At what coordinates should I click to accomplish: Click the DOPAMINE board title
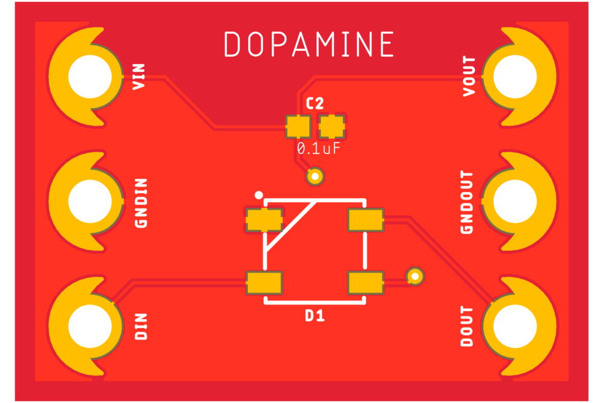309,45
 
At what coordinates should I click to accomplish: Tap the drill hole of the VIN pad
90,77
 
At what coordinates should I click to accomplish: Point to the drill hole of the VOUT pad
515,77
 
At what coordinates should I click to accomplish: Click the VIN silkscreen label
139,77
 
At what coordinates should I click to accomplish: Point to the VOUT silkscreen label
469,77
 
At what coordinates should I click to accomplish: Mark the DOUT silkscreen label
466,327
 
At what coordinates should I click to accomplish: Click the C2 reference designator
315,103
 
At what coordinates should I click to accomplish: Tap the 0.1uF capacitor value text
318,148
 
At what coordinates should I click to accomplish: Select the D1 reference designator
315,315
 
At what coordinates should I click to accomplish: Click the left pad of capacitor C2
298,126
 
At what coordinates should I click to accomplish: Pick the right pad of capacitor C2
332,126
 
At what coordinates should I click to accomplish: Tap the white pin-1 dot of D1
259,195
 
